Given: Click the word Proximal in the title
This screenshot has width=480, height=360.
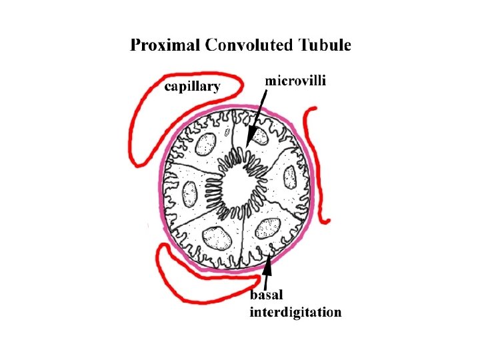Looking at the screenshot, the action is tap(165, 46).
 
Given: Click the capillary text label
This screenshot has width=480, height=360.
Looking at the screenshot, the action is tap(194, 87).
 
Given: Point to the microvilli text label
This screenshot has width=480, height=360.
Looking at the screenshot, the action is tap(296, 81).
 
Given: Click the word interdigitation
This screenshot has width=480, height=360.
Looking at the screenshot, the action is tap(295, 311).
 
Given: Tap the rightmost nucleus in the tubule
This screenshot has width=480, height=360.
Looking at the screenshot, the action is tap(290, 177).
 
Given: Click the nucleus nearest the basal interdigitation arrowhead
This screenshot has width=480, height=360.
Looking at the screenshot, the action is tap(269, 228).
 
